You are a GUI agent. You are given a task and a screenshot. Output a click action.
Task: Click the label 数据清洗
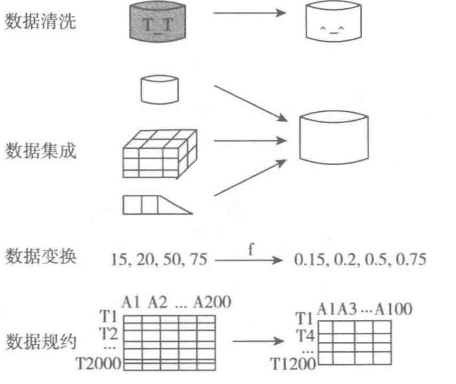point(40,22)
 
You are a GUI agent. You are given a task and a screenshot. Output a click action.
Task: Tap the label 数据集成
point(40,151)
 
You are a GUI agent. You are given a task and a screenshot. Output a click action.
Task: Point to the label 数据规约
point(40,342)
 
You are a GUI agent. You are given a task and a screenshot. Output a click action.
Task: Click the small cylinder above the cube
point(159,89)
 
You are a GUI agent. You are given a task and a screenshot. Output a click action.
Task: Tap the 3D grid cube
point(159,154)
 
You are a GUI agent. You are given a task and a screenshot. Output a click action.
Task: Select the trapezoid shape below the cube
point(157,205)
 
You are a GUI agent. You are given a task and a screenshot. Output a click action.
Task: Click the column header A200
point(211,302)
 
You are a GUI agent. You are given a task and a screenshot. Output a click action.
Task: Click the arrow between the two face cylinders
point(250,13)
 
